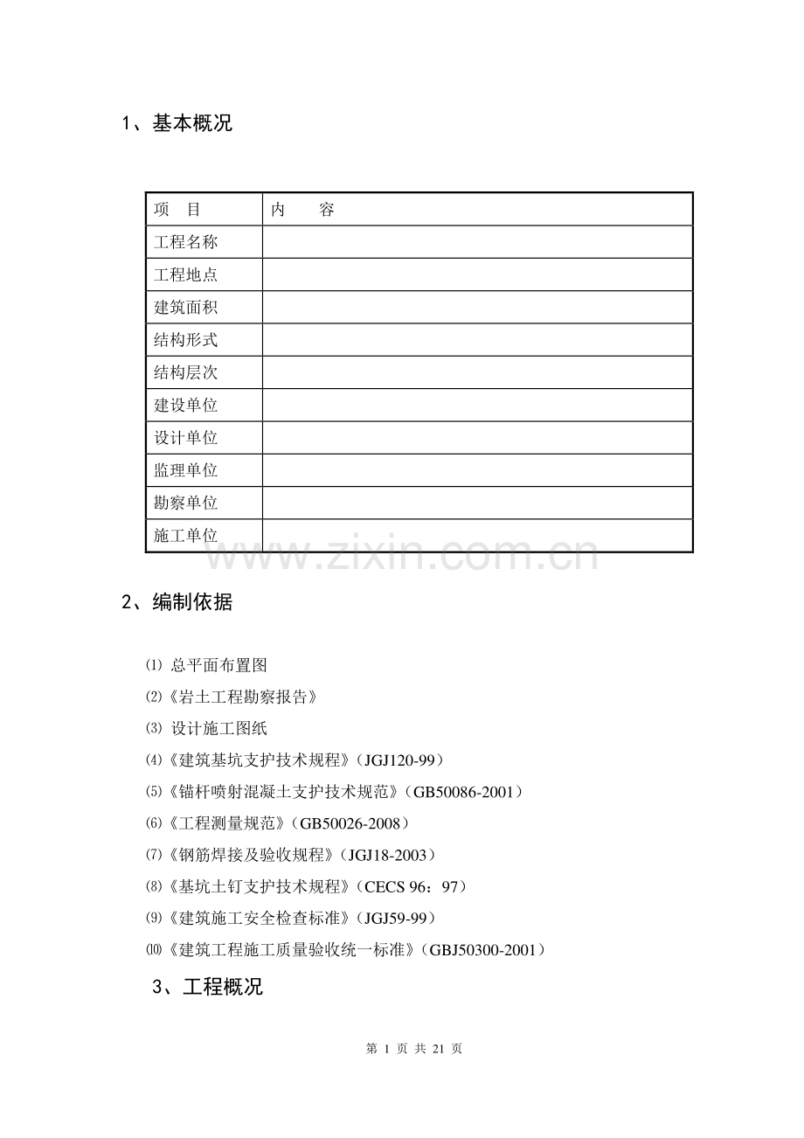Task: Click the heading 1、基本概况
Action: [x=177, y=123]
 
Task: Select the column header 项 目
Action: [x=177, y=210]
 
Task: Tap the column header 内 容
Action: [x=302, y=210]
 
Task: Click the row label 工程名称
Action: [x=185, y=242]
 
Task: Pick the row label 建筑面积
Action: [x=185, y=308]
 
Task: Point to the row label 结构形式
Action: [x=185, y=340]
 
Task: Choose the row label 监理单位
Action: [x=185, y=470]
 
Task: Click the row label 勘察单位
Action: [x=185, y=503]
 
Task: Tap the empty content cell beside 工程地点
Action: [x=477, y=274]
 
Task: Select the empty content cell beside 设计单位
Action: [x=477, y=438]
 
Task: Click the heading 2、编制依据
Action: [x=177, y=602]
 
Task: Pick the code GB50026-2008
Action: [x=349, y=823]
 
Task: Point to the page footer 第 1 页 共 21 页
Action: [x=414, y=1049]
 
